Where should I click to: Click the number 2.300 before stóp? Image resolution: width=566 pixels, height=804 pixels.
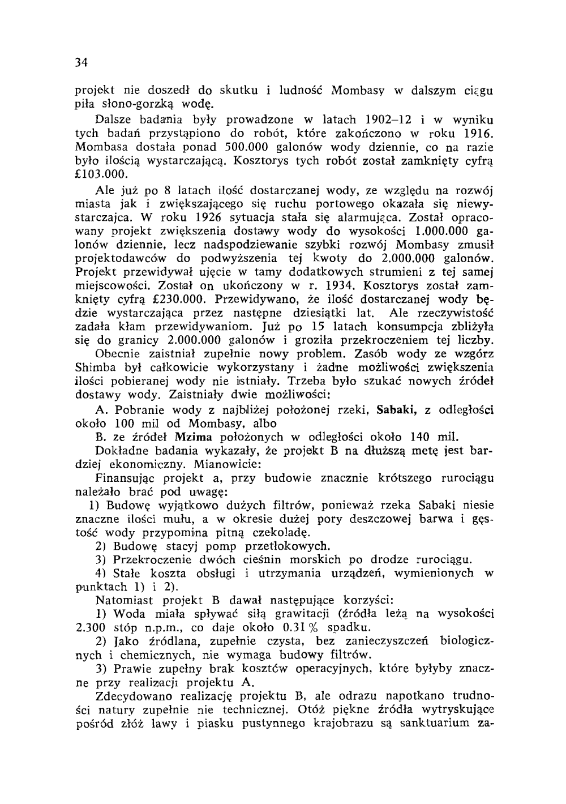pos(92,627)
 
